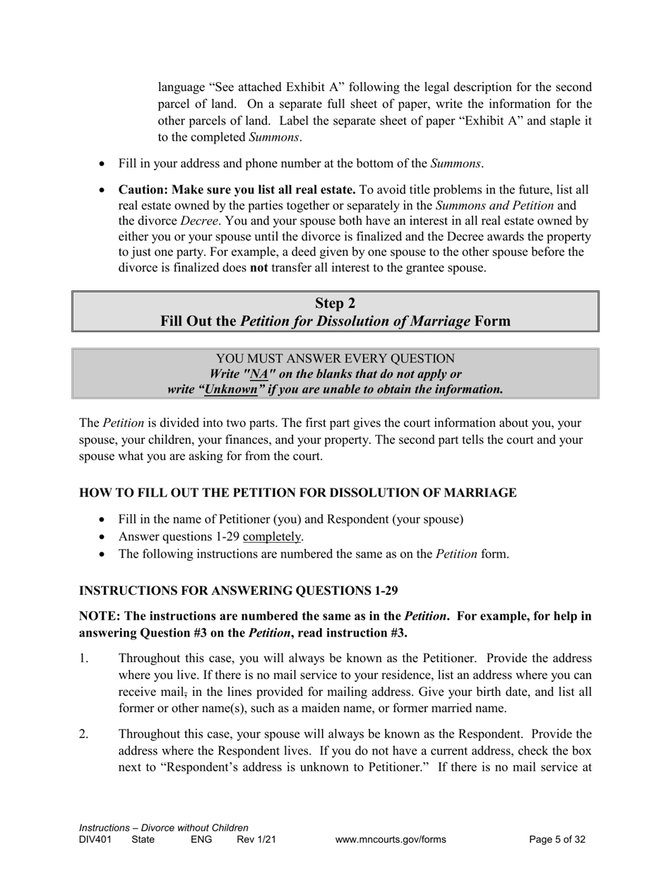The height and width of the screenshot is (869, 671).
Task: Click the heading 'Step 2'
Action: coord(335,303)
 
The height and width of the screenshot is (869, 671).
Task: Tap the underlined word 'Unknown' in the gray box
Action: coord(231,389)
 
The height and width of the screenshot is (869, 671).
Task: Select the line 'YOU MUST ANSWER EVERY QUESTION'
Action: coord(335,358)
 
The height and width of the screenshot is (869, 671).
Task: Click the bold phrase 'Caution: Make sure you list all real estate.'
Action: coord(237,190)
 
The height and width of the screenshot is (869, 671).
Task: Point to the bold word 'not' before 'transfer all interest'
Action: coord(259,268)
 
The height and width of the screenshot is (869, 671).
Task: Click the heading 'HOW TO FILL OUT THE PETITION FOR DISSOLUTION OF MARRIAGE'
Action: coord(297,492)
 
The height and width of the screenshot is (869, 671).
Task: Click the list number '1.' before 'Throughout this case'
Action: coord(84,658)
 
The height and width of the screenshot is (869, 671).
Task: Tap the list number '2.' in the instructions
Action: coord(84,733)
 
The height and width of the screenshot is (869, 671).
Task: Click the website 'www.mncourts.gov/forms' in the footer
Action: coord(391,840)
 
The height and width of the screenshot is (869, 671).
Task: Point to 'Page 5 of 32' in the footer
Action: coord(557,840)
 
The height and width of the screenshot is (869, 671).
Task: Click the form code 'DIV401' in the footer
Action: coord(95,840)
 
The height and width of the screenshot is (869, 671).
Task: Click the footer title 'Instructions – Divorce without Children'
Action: coord(163,828)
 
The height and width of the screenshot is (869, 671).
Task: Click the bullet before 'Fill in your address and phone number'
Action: coord(102,164)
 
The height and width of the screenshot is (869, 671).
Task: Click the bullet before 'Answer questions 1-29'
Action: coord(102,537)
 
